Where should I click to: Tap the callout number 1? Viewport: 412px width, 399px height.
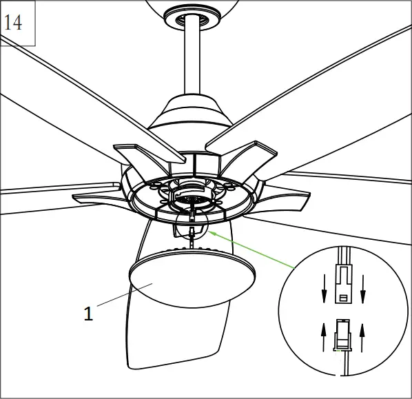[87, 314]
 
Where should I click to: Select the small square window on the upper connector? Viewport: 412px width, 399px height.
[342, 298]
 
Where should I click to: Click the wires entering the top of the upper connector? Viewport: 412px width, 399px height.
[342, 254]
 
